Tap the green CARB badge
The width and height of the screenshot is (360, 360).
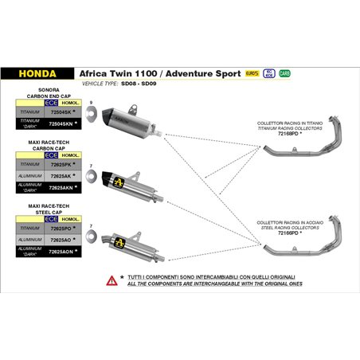284,72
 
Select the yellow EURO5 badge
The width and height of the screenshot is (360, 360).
252,72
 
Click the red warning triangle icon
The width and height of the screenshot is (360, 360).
111,280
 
